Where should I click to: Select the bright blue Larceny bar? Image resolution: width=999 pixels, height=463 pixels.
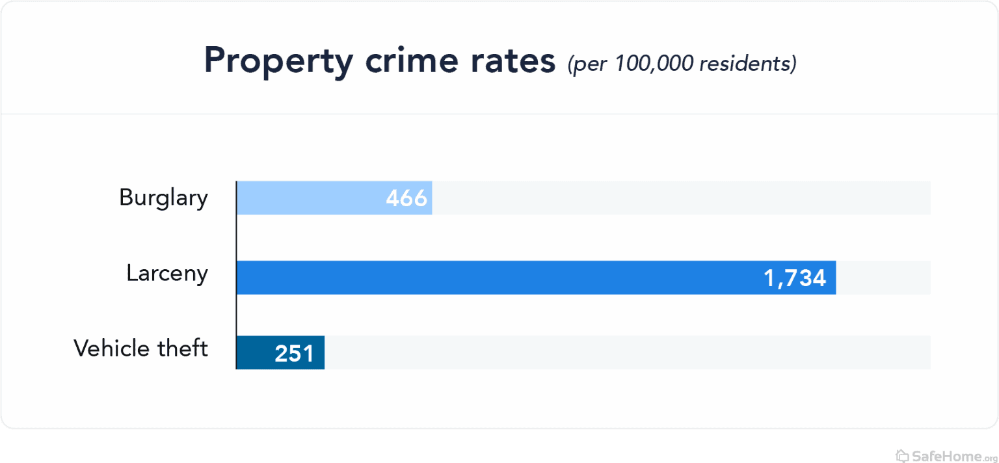494,278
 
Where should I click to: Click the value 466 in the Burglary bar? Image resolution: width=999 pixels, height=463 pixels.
406,198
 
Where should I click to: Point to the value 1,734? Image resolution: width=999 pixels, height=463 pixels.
795,278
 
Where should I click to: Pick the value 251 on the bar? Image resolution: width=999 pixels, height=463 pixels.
294,353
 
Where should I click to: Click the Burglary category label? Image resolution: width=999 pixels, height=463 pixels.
163,198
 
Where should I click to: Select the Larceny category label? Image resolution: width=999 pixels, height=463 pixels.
167,274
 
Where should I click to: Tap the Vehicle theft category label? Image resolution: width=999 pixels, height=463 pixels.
140,348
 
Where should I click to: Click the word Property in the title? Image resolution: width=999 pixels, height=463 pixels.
278,62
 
